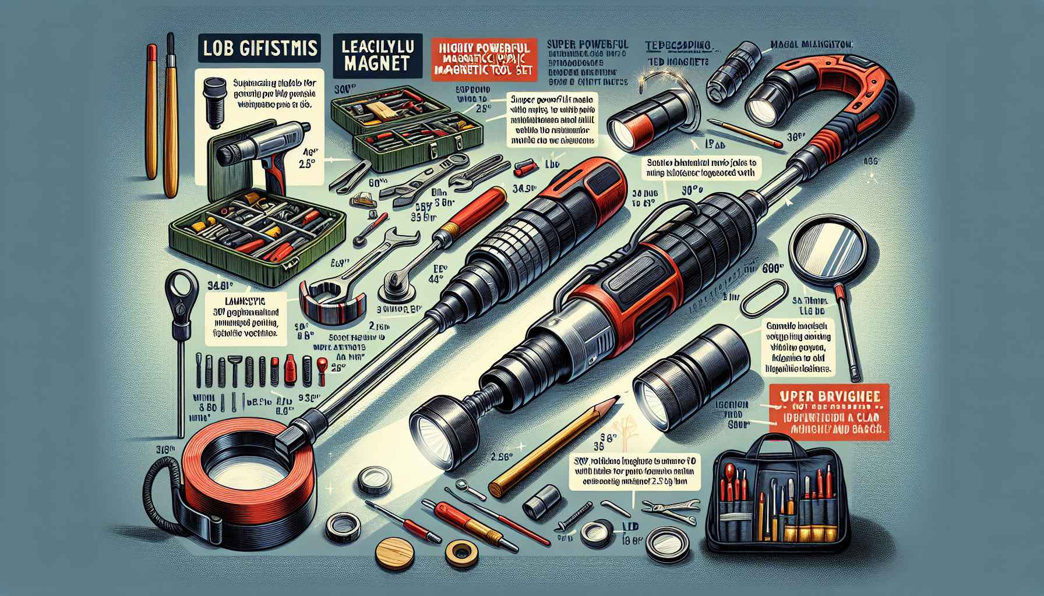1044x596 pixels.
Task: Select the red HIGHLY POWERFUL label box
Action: coord(481,59)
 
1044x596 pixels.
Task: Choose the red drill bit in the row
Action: coord(290,370)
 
